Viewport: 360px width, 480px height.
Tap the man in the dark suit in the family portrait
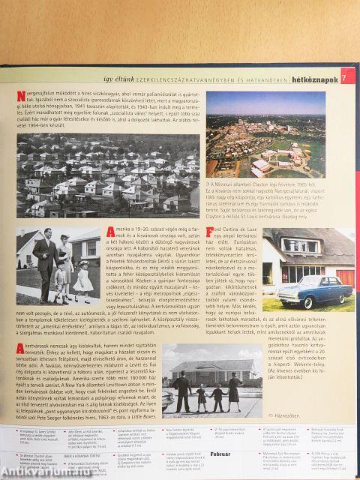click(x=44, y=262)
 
